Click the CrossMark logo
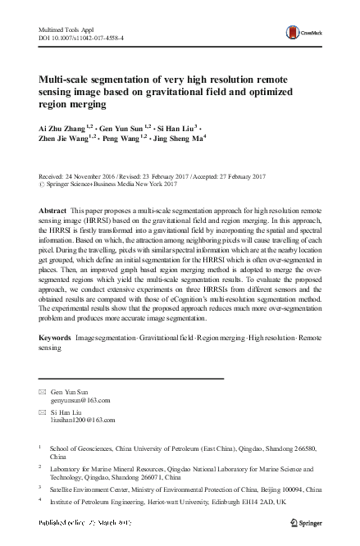[x=301, y=33]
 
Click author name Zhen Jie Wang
[x=68, y=140]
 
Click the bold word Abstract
[x=54, y=211]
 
